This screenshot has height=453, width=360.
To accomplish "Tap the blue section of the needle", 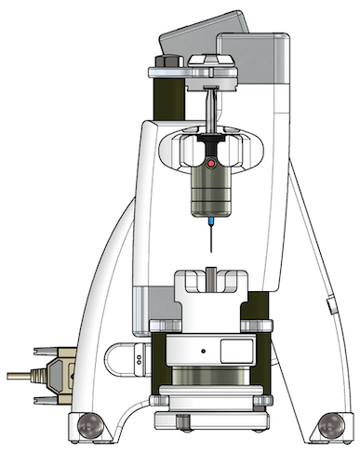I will (214, 223).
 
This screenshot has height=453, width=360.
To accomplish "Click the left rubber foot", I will (89, 428).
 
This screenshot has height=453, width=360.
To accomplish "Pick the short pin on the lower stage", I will (213, 276).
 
